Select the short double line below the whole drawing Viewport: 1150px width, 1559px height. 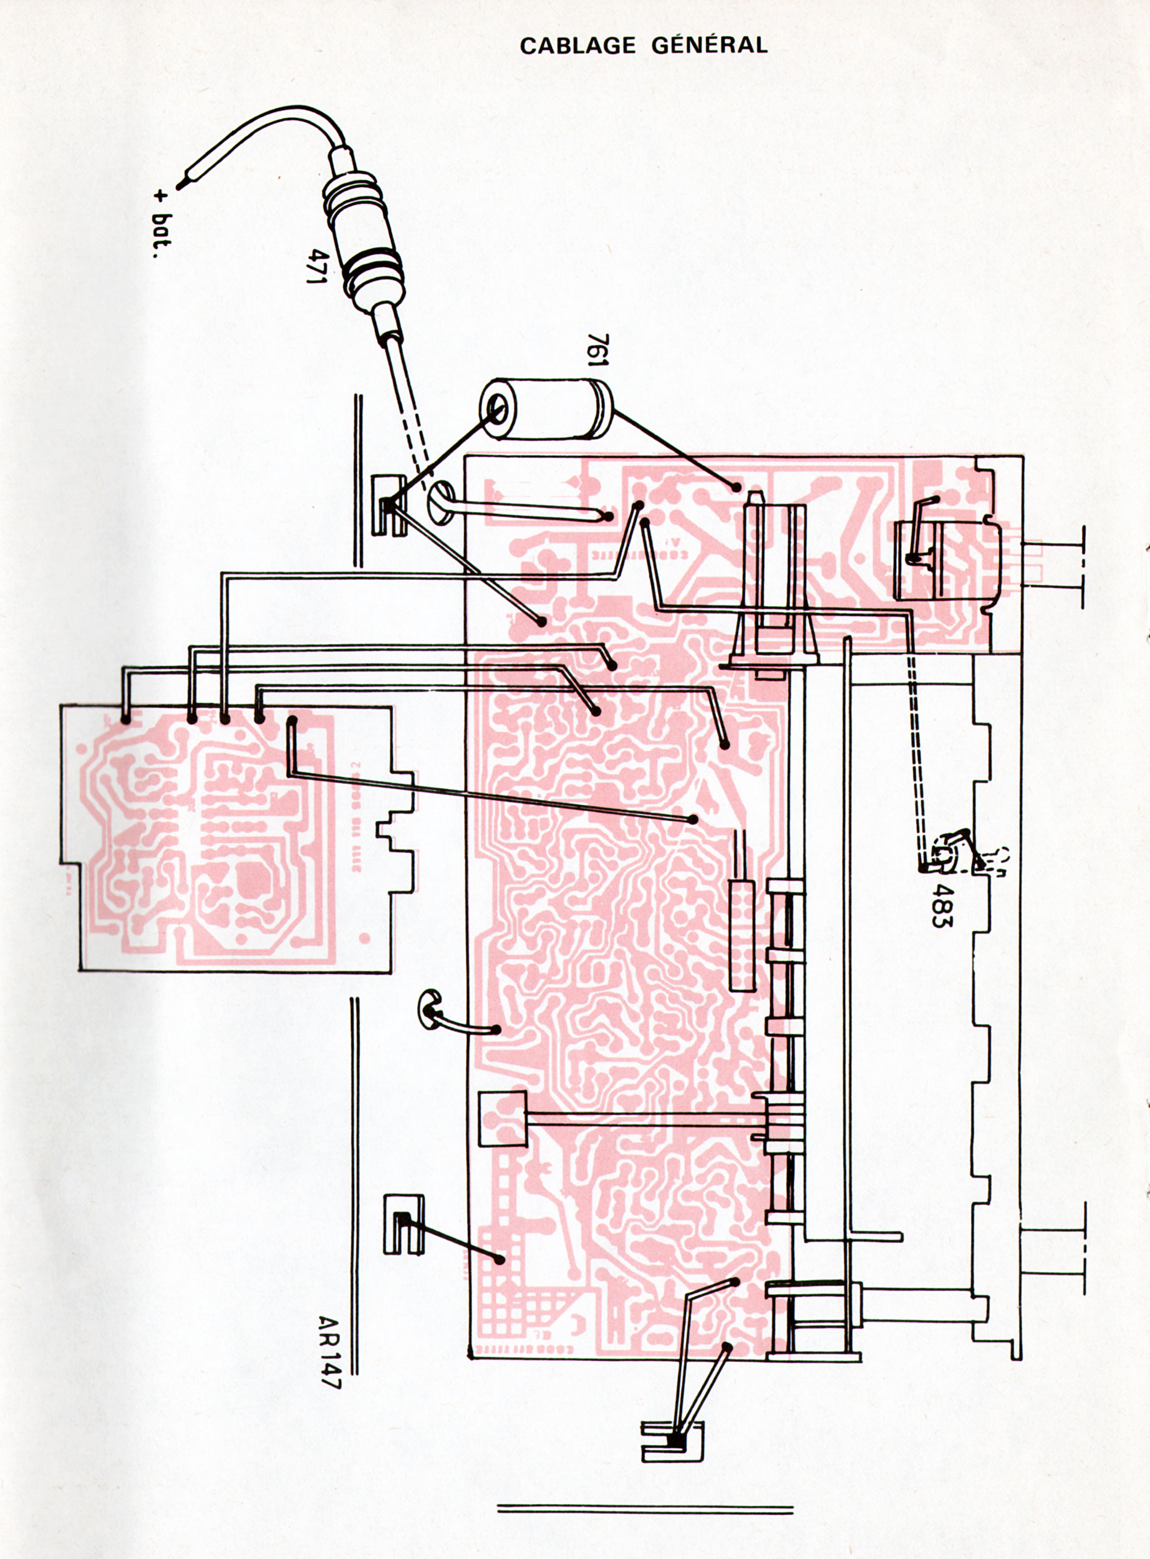(x=645, y=1467)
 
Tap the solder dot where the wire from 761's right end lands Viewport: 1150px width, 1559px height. (x=736, y=487)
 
